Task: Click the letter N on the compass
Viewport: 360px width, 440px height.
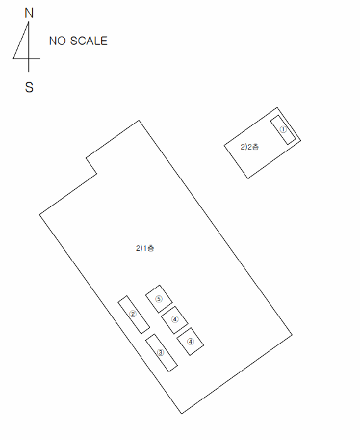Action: click(29, 13)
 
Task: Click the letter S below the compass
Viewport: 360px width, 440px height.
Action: click(29, 87)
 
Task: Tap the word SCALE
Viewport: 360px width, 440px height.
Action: click(89, 41)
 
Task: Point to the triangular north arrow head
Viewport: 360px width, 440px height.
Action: click(23, 45)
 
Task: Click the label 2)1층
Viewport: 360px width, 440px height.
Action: click(145, 248)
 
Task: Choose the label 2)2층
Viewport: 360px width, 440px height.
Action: click(249, 146)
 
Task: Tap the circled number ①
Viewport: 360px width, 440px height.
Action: click(283, 129)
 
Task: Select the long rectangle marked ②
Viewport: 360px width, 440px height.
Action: click(133, 314)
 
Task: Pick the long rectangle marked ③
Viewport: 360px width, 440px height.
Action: click(161, 353)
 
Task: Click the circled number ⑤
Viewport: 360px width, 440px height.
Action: click(159, 299)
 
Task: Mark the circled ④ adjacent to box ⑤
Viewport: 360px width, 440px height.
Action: click(175, 319)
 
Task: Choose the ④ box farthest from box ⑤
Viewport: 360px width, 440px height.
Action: click(190, 341)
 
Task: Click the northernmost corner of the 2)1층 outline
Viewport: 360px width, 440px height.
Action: click(139, 121)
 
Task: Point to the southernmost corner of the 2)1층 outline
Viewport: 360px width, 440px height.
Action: click(182, 414)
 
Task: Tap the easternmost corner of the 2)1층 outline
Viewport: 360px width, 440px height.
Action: click(292, 334)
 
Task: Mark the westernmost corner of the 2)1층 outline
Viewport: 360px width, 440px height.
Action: click(39, 215)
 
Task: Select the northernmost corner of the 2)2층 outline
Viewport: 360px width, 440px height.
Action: click(277, 107)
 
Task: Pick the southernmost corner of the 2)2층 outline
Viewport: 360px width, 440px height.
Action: click(248, 179)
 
